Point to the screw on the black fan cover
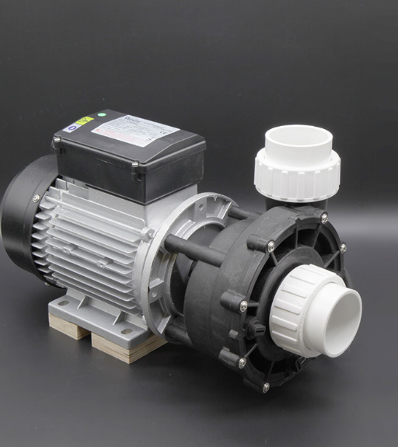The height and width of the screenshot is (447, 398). [x=36, y=199]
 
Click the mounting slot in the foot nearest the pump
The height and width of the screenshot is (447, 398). [x=126, y=332]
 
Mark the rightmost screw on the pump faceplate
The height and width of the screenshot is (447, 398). [x=343, y=247]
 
